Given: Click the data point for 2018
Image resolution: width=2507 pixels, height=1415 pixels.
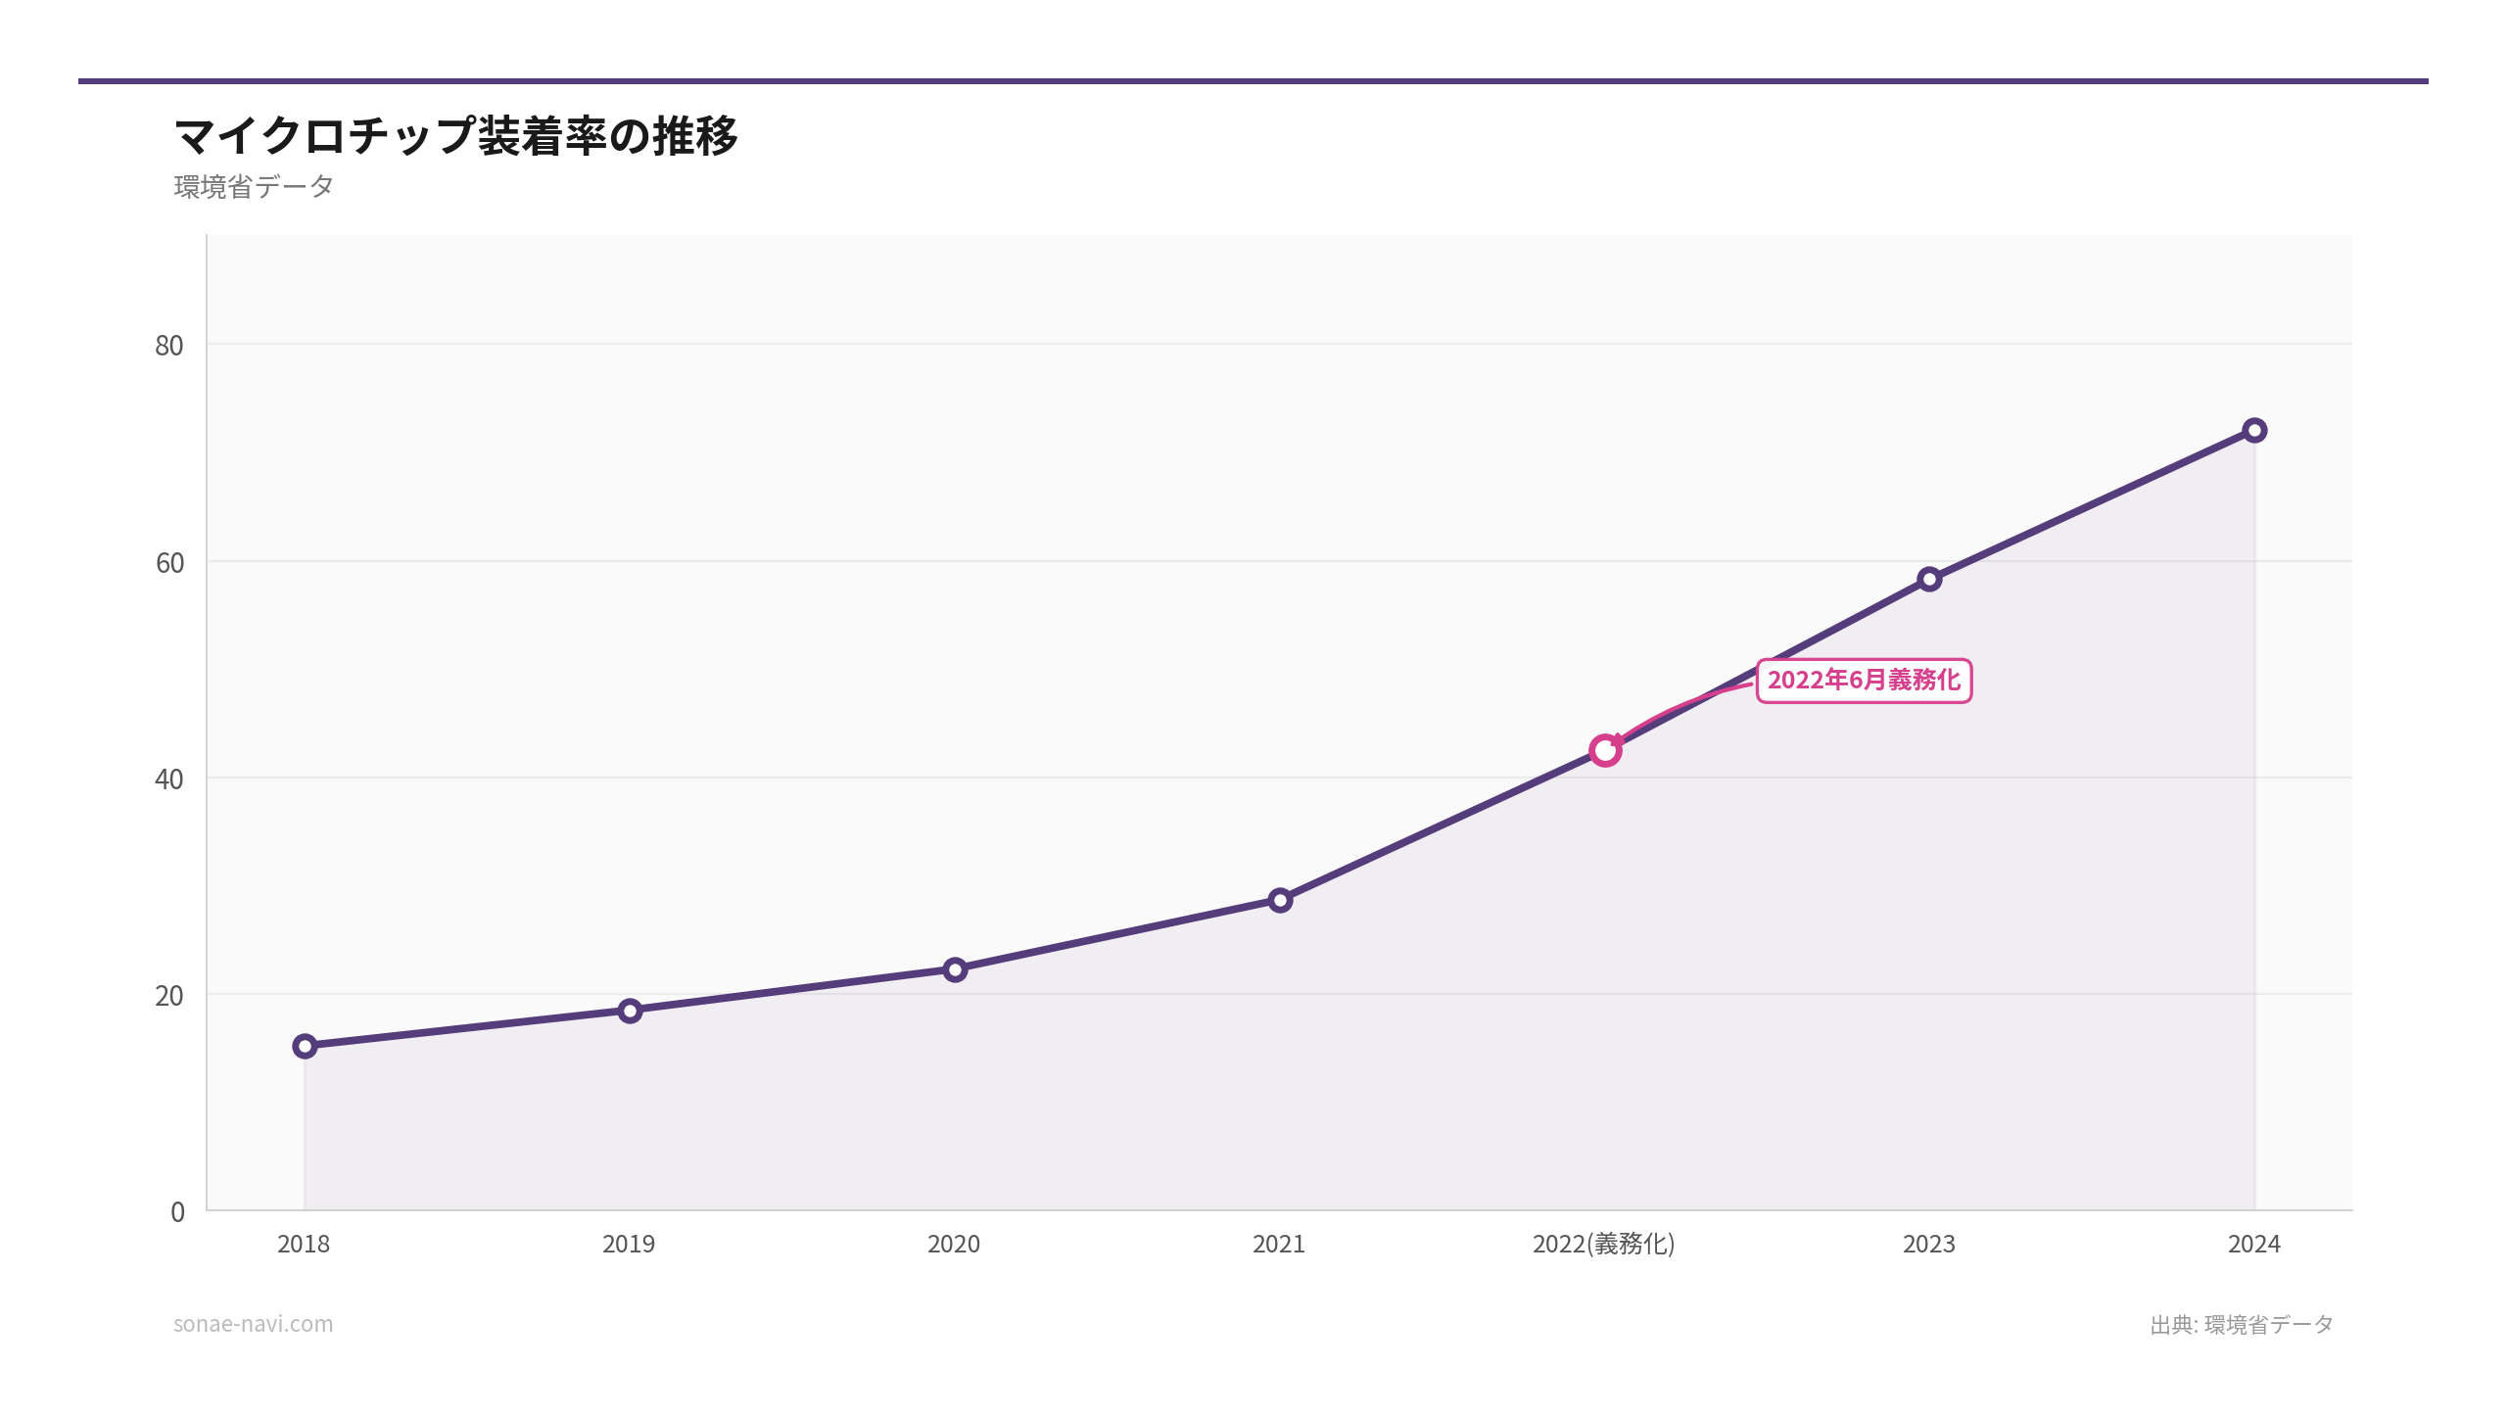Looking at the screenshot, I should coord(305,1046).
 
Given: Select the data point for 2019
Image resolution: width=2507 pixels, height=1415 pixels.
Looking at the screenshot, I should coord(630,1010).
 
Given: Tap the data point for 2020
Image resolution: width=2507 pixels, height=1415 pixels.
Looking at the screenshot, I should coord(955,969).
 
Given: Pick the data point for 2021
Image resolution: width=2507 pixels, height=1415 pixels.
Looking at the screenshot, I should coord(1280,900).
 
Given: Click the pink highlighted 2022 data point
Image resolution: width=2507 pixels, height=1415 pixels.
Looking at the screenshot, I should coord(1605,750).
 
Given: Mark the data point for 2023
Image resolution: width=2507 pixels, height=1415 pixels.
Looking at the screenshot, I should coord(1929,579).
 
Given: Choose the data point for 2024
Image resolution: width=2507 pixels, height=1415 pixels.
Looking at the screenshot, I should coord(2254,430).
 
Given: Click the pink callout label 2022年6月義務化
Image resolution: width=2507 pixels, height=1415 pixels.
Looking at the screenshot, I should coord(1864,681).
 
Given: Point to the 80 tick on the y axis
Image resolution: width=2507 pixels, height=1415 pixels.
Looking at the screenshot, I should coord(169,346).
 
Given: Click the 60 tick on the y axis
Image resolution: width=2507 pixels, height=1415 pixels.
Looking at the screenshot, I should coord(169,563).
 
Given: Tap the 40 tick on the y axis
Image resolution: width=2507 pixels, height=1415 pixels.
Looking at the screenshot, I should coord(169,779).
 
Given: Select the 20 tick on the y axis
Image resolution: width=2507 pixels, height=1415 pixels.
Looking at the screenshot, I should coord(169,996).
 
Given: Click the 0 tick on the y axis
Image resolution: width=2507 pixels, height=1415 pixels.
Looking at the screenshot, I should coord(177,1212).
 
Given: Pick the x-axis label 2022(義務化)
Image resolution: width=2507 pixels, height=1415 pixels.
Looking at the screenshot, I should coord(1604,1244).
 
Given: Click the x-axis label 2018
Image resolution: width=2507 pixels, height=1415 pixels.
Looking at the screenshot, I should coord(304,1244).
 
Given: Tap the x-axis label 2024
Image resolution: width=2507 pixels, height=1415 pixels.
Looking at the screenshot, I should coord(2254,1244).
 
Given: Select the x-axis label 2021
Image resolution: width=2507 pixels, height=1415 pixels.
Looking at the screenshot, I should coord(1279,1244).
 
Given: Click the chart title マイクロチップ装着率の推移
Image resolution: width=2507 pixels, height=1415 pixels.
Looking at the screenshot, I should coord(456,135).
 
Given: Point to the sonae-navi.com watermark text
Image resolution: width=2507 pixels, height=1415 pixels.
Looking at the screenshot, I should coord(254,1324).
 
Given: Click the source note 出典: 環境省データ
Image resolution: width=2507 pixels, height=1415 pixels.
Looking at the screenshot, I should coord(2242,1325).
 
